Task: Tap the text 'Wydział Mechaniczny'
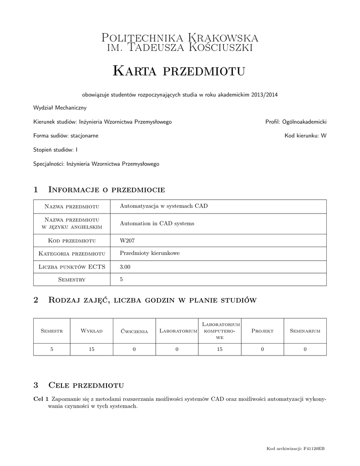coord(60,108)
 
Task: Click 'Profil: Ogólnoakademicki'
coord(296,122)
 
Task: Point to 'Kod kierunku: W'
coord(305,136)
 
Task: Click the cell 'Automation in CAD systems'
coord(157,223)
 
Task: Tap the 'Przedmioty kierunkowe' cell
coord(149,253)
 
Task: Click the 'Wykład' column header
coord(91,331)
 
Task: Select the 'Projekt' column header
coord(262,331)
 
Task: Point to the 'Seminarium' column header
coord(305,331)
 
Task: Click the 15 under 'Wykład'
coord(91,349)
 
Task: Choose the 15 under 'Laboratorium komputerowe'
coord(219,349)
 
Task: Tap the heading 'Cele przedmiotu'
coord(86,385)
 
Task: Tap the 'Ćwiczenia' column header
coord(134,331)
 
